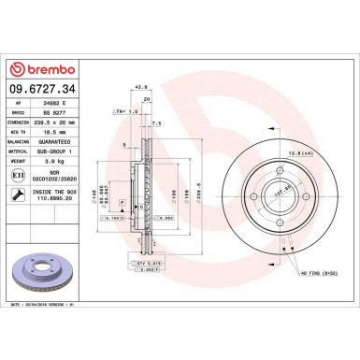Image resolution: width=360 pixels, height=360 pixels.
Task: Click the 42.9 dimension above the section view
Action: coord(143,87)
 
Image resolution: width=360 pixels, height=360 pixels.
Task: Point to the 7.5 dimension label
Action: coord(157,122)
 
